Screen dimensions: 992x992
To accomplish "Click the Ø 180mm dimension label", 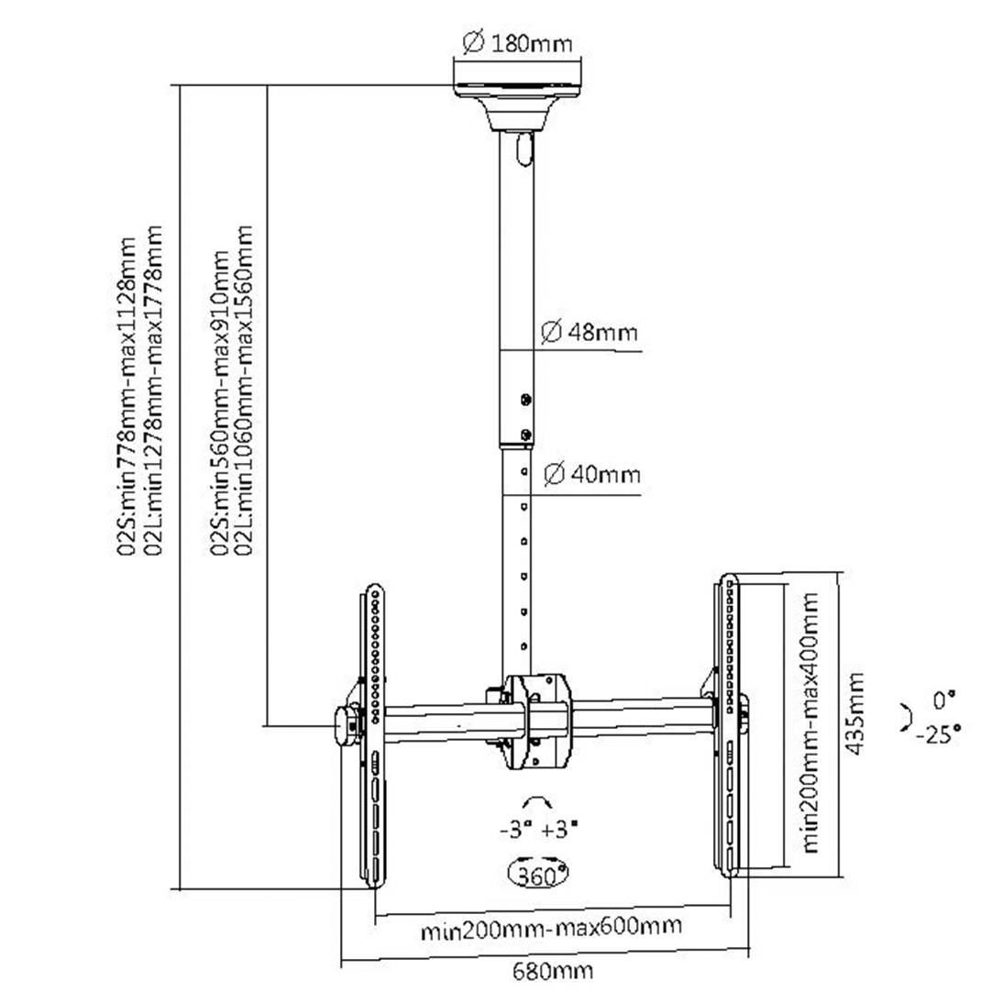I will [517, 43].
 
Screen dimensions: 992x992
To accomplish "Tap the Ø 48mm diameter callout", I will [589, 332].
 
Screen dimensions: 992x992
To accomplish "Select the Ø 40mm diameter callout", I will [590, 475].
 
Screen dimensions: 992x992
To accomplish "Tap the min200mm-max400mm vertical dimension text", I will [810, 722].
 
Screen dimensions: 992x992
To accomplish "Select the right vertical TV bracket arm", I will [729, 729].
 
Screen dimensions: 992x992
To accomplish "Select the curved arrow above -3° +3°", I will [537, 804].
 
